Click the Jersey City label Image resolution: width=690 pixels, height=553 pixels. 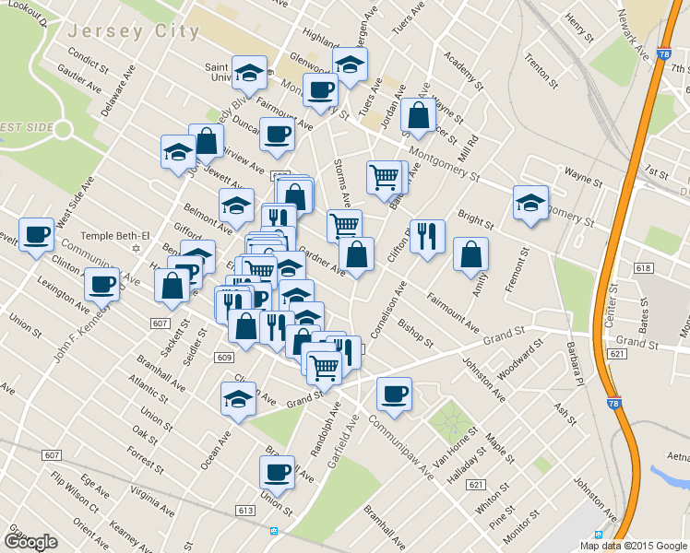point(133,31)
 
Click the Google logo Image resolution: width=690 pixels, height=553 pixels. point(30,542)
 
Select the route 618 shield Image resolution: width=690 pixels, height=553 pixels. point(643,268)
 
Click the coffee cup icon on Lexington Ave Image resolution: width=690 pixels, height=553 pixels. point(101,283)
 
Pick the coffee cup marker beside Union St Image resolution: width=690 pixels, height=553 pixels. point(277,472)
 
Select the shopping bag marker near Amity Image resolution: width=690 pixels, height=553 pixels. point(470,254)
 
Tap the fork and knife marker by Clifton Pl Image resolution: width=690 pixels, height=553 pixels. point(427,236)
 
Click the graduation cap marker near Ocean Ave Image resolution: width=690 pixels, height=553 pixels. point(238,399)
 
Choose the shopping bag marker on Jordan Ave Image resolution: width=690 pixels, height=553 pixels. point(418,115)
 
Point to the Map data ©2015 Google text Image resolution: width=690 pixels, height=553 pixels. point(633,546)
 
